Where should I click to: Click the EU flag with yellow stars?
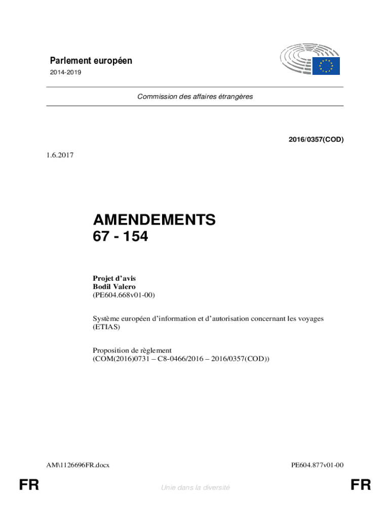(x=326, y=66)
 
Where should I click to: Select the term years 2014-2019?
(x=65, y=72)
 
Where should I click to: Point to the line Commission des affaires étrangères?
(x=195, y=97)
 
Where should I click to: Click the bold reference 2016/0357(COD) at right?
(x=316, y=140)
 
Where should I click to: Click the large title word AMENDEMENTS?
(x=154, y=220)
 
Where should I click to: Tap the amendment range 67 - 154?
(x=121, y=236)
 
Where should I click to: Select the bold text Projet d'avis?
(x=114, y=278)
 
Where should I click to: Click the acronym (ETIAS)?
(x=106, y=327)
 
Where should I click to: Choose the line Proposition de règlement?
(x=132, y=350)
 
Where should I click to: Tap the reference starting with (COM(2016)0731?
(x=181, y=359)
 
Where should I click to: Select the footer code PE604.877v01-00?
(x=318, y=464)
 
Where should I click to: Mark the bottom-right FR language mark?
(x=361, y=486)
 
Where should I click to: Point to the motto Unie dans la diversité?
(x=195, y=488)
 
